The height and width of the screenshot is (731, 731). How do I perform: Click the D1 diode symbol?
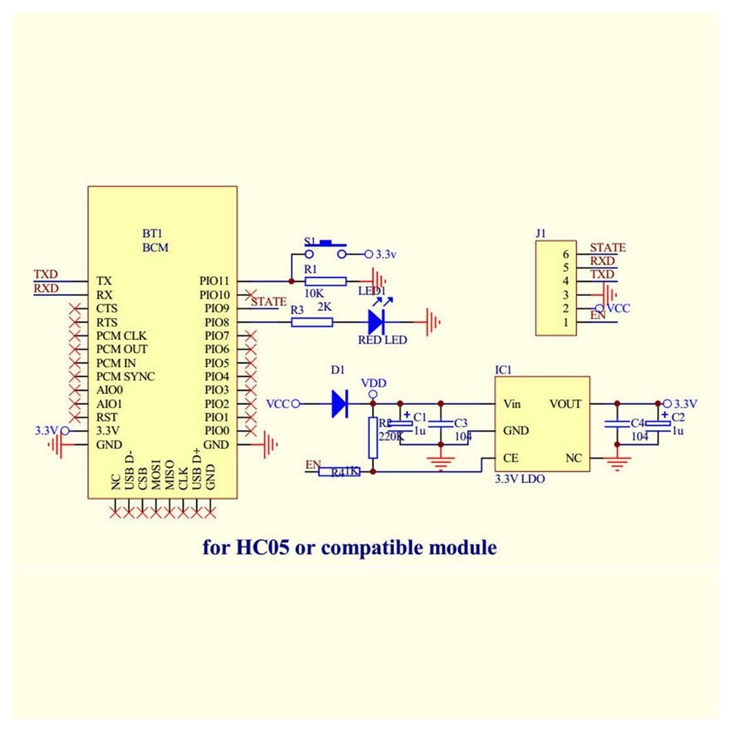point(338,404)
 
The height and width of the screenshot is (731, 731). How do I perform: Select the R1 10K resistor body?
point(325,281)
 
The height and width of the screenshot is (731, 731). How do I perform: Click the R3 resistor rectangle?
point(312,322)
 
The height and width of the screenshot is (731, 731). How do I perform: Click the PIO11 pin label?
point(214,281)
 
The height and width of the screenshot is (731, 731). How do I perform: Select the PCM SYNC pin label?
point(126,376)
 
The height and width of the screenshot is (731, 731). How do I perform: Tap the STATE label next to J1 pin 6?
point(607,248)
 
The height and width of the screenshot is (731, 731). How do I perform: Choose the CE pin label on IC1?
point(511,458)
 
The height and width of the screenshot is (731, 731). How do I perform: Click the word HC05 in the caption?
point(262,547)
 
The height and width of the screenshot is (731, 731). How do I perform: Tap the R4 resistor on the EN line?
point(338,472)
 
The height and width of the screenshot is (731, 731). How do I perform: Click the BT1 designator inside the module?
point(152,234)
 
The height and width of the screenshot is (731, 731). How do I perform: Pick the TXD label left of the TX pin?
point(45,274)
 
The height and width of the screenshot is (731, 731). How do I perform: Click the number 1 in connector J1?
point(565,322)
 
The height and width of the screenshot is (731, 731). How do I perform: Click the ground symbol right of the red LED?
point(433,322)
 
